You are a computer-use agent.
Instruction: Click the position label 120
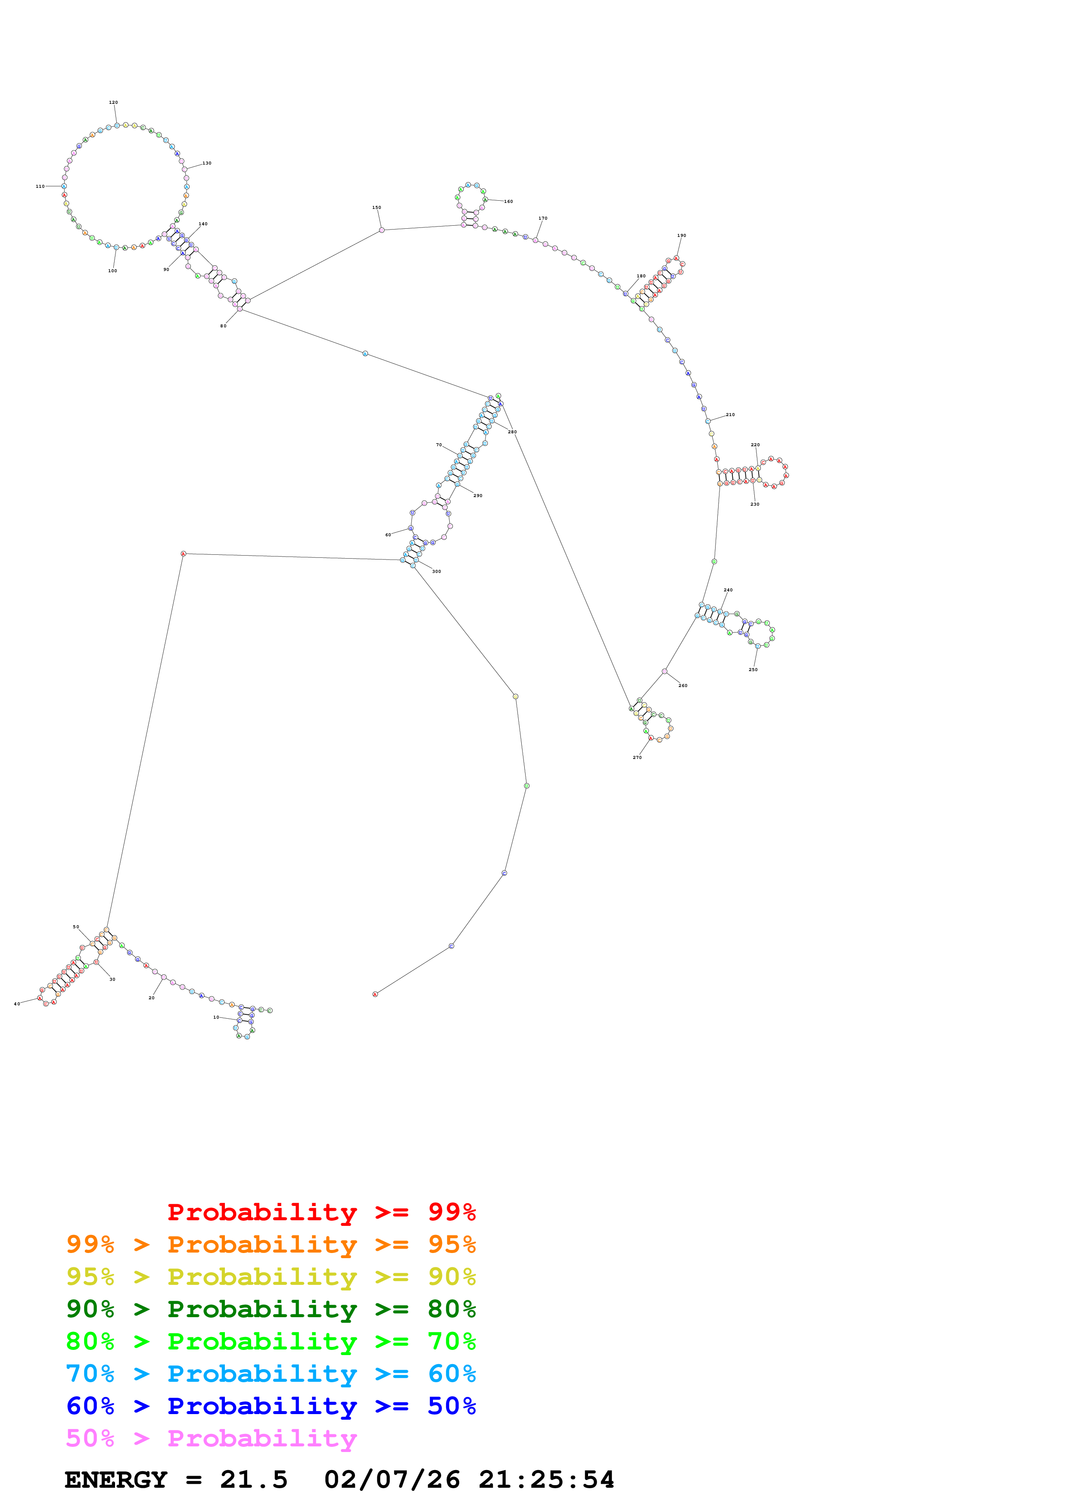113,103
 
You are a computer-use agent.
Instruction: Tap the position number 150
377,207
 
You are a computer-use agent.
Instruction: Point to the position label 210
730,415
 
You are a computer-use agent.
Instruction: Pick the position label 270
637,758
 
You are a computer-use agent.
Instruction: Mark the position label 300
436,571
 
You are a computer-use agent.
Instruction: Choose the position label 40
17,1004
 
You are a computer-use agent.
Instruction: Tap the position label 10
216,1017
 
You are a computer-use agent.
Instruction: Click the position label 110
40,186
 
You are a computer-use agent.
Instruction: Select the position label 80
223,326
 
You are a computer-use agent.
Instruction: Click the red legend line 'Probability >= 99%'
321,1212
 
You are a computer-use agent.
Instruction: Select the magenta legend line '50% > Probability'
211,1438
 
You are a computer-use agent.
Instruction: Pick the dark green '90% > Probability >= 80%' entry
271,1309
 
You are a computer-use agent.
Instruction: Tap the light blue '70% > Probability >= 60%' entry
271,1374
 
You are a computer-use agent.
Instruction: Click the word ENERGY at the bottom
116,1480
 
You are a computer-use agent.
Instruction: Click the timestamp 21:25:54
546,1480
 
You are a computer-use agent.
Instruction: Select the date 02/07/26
392,1480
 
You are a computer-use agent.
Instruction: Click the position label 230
755,504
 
